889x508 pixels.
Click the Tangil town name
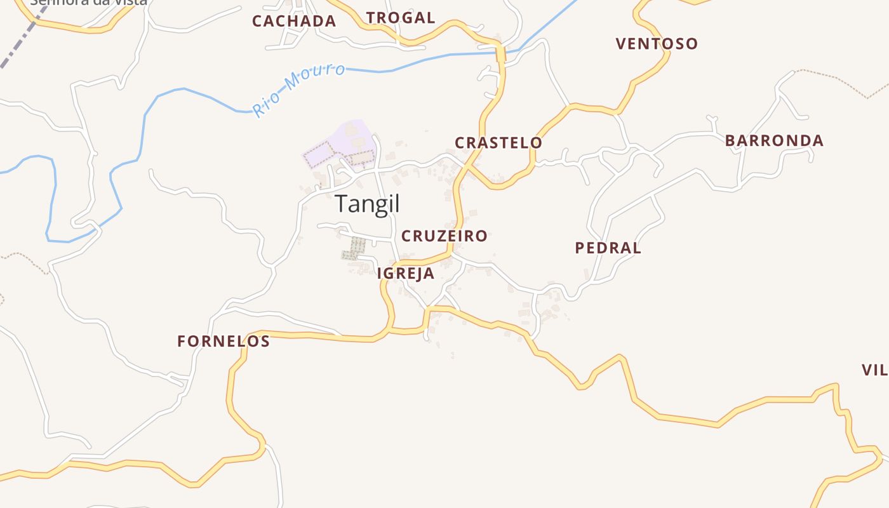367,204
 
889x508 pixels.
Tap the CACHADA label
294,21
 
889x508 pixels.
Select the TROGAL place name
401,18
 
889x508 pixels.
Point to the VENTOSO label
657,44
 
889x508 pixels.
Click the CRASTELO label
498,143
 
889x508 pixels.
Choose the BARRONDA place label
774,140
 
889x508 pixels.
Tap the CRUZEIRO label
444,236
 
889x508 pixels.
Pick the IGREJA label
406,274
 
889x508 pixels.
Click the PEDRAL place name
608,248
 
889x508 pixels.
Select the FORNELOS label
224,342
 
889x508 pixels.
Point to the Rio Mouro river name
298,90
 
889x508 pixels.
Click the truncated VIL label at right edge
875,370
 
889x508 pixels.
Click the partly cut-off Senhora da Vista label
89,2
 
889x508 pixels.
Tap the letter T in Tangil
342,204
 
